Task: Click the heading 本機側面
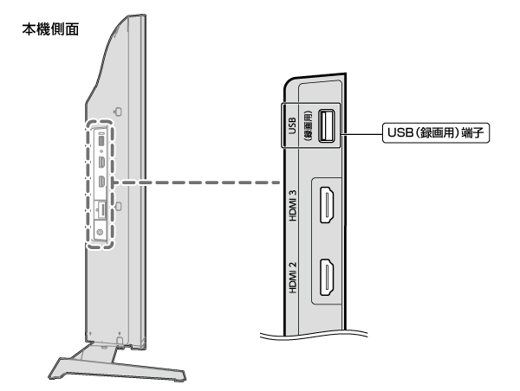click(x=50, y=29)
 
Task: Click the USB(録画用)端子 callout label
click(x=436, y=132)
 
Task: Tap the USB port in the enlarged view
click(x=327, y=125)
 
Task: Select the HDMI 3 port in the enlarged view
click(x=327, y=205)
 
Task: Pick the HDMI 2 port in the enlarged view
click(x=327, y=277)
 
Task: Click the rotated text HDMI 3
click(x=293, y=206)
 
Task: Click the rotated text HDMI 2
click(x=293, y=278)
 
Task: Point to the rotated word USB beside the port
click(x=292, y=125)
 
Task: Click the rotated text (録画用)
click(x=308, y=125)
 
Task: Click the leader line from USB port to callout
click(x=361, y=134)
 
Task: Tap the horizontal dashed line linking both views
click(x=199, y=183)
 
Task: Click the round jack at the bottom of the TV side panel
click(x=100, y=232)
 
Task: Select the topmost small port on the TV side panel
click(x=101, y=140)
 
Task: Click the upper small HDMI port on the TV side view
click(x=101, y=163)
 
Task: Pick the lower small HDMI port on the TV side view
click(x=101, y=182)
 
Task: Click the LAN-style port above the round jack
click(x=101, y=210)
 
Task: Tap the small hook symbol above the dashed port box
click(x=118, y=112)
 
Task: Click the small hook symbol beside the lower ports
click(x=118, y=206)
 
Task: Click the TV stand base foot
click(x=117, y=368)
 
